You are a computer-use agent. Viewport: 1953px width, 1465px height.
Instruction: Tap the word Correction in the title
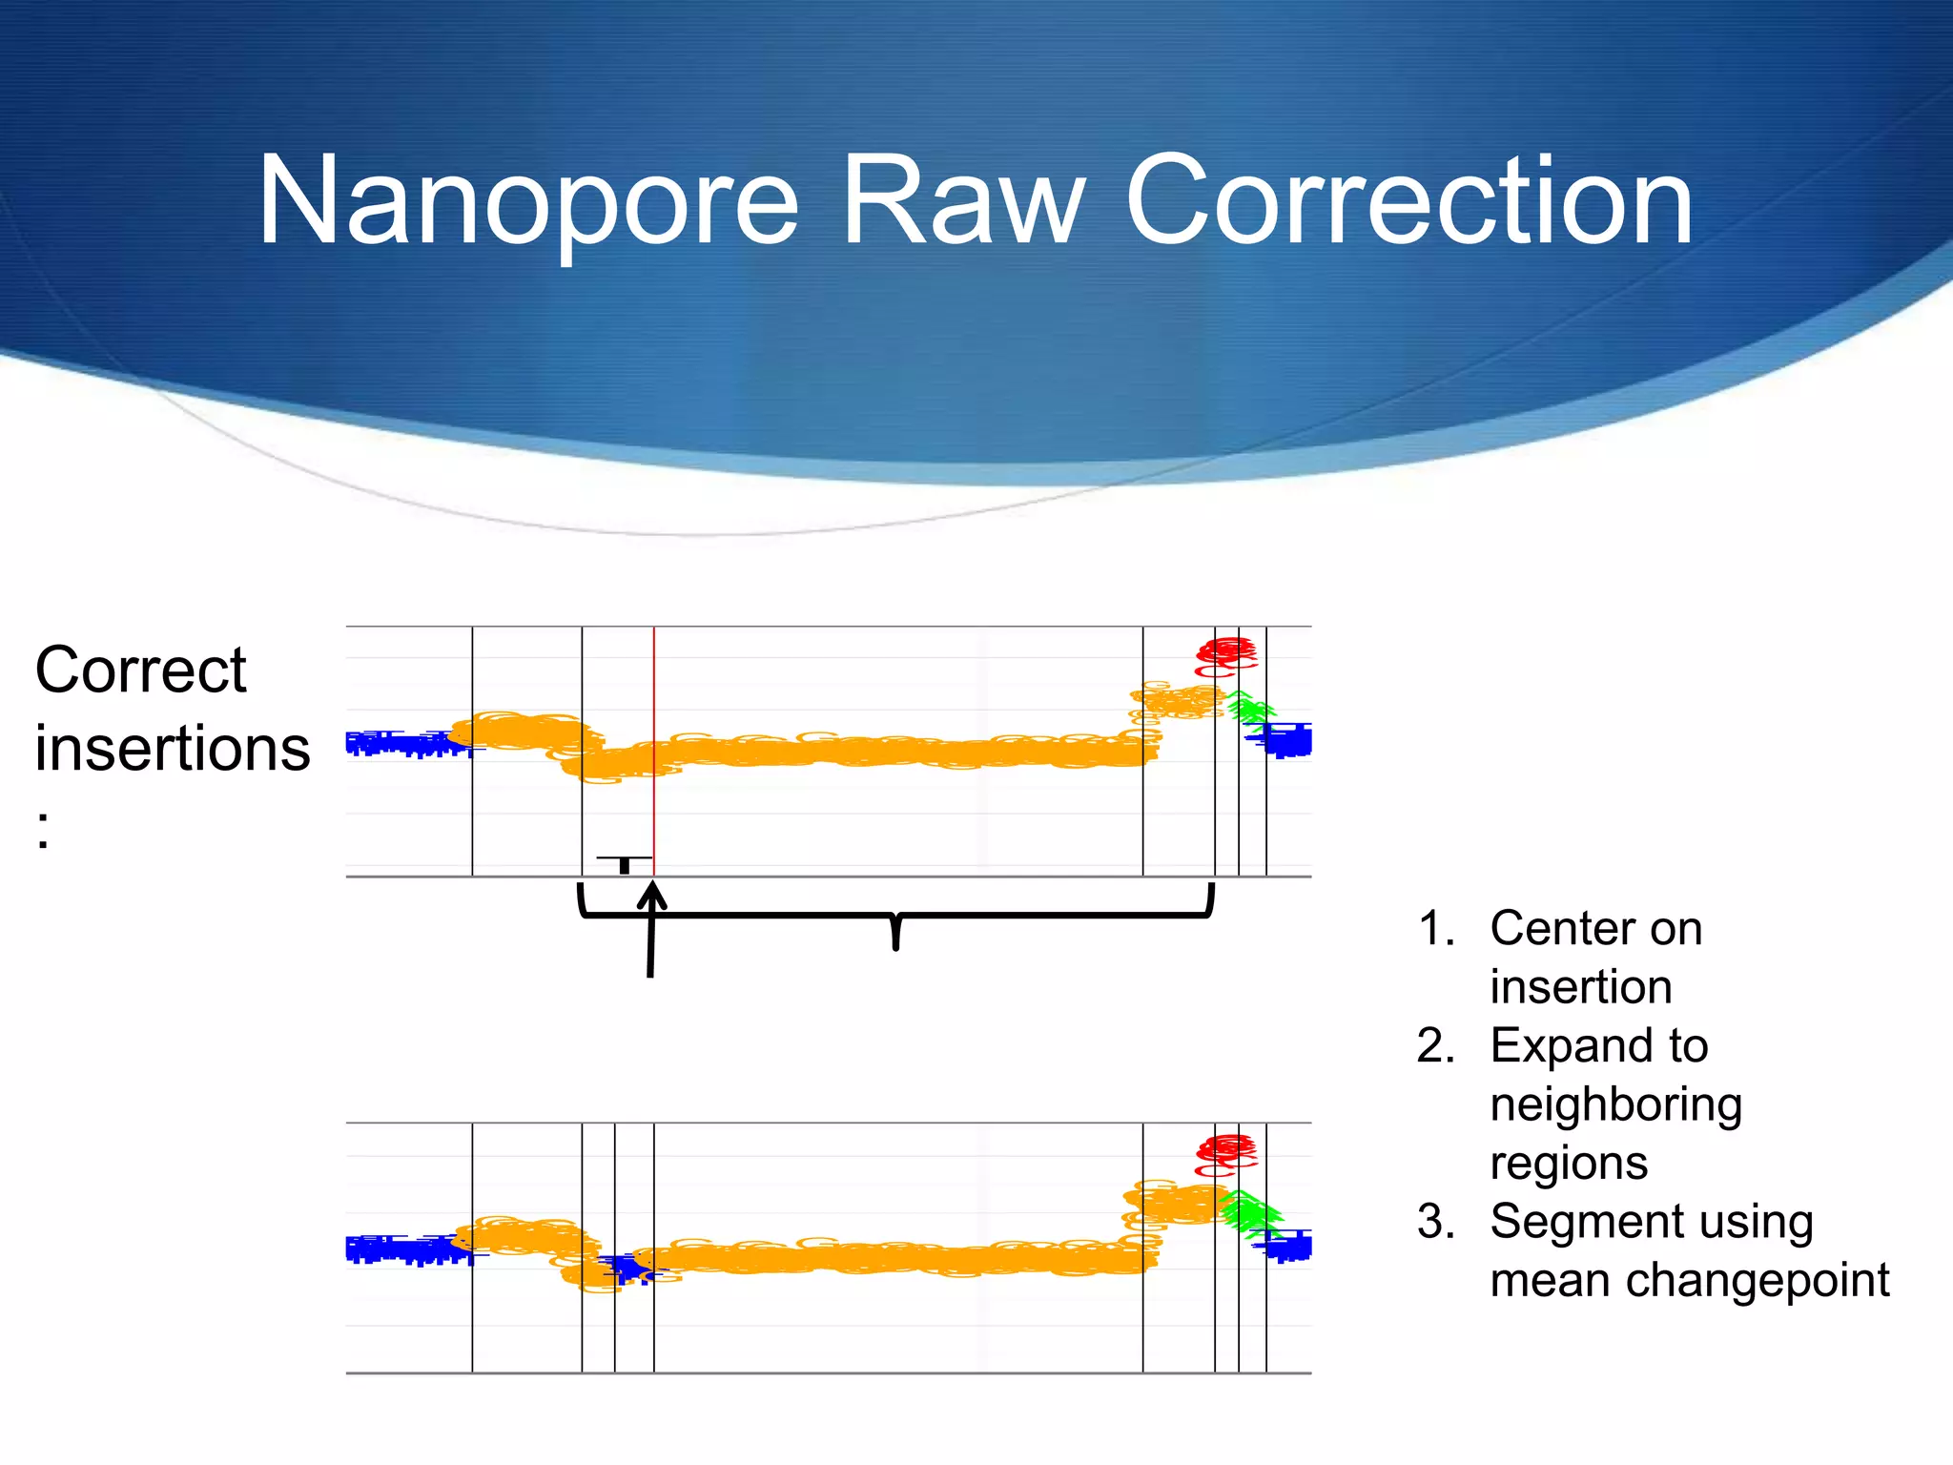1408,202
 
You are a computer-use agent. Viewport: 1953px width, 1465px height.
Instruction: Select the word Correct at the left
141,670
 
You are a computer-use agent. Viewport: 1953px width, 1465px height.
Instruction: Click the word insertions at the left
173,748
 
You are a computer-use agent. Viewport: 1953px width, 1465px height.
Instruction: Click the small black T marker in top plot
624,863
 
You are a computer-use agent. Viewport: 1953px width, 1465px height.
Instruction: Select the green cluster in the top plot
1248,709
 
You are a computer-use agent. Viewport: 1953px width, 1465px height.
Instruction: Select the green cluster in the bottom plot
1248,1212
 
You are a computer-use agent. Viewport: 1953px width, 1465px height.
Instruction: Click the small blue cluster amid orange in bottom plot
627,1269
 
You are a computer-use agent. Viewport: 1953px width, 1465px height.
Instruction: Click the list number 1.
1435,929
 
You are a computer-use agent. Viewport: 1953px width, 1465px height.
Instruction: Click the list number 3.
1435,1222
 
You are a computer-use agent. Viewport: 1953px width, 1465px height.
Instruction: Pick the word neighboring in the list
1615,1104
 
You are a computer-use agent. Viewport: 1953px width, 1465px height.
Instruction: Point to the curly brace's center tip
895,946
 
